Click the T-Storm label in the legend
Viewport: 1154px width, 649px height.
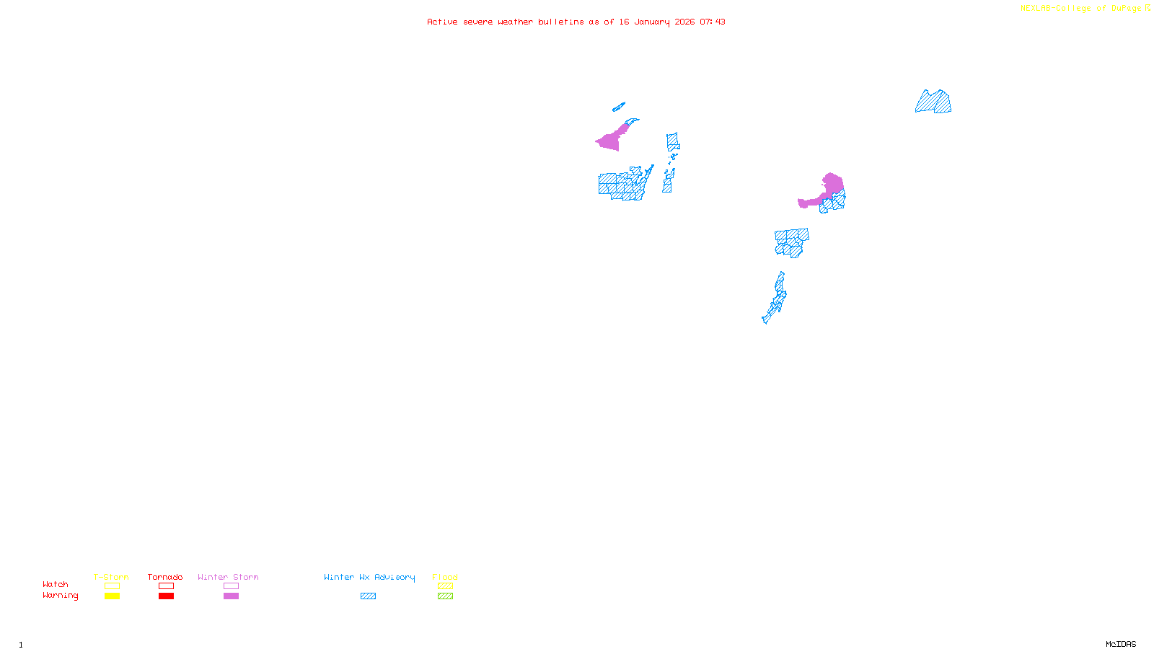point(111,577)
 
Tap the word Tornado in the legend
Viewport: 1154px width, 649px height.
point(165,577)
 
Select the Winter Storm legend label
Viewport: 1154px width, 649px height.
point(228,577)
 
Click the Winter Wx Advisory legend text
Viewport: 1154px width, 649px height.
point(369,577)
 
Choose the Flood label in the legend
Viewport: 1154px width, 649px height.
point(445,577)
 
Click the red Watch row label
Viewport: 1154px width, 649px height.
point(56,584)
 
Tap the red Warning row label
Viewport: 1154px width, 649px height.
point(61,596)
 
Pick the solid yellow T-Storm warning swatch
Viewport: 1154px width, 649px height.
point(112,596)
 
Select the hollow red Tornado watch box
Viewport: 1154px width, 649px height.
point(166,586)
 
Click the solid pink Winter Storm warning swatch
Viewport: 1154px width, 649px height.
point(231,596)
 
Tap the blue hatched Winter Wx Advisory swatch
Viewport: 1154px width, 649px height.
point(368,596)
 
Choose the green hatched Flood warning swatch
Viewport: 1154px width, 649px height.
point(445,596)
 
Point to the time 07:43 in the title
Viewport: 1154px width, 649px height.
point(713,22)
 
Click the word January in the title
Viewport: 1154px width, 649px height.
point(652,22)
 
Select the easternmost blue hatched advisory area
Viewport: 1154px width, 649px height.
point(934,102)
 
